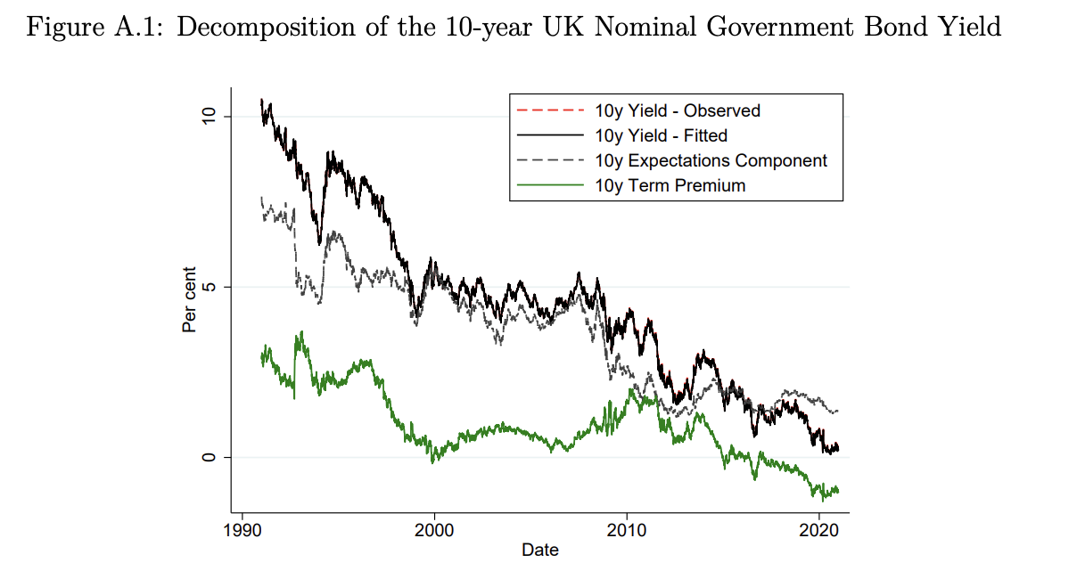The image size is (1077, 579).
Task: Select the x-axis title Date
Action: pos(540,550)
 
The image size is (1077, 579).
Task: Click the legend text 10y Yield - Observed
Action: pos(677,110)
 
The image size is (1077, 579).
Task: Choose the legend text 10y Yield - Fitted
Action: pos(661,135)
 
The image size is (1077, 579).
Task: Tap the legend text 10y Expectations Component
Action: pos(711,160)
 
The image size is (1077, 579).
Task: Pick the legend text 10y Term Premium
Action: pos(670,185)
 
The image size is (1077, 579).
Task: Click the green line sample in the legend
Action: pos(550,185)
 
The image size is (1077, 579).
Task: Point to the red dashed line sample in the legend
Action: pos(550,110)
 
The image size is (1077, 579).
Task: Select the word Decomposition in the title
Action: pos(252,28)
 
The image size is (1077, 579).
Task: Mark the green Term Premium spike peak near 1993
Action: pos(301,332)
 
